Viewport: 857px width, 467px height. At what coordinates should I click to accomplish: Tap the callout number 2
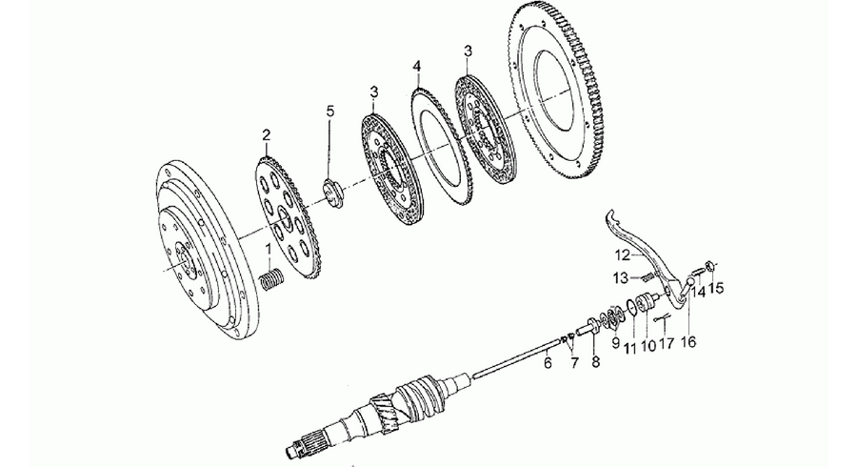[267, 134]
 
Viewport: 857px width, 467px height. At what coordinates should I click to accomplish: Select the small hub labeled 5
[332, 193]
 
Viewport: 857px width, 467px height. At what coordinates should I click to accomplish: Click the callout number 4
[417, 67]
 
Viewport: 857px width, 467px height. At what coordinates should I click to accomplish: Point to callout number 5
[329, 112]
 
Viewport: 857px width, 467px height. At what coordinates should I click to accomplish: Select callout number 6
[548, 362]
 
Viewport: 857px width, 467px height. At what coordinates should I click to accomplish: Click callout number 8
[594, 361]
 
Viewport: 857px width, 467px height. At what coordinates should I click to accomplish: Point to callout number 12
[623, 254]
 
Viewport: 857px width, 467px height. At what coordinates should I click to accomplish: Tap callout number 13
[621, 277]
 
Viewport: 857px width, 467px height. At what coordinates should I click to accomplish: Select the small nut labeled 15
[711, 266]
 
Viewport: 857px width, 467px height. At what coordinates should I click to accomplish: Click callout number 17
[667, 343]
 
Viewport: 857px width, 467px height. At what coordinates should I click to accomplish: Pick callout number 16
[688, 342]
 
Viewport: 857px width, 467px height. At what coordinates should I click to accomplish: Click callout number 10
[648, 347]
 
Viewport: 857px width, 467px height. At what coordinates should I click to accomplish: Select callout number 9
[616, 342]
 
